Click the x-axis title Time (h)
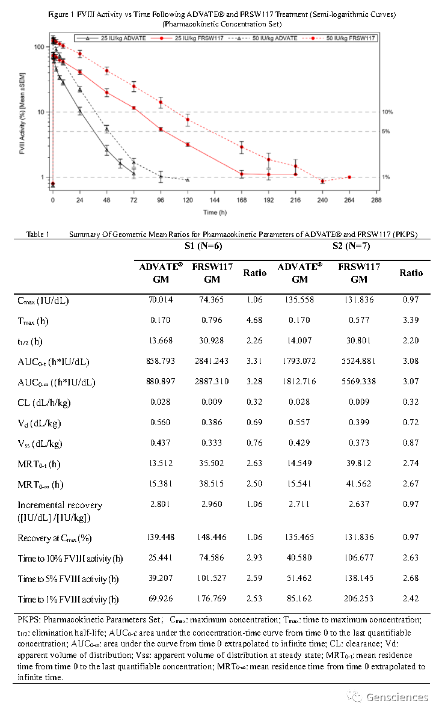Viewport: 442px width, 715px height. pyautogui.click(x=215, y=212)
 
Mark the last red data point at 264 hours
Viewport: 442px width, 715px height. pyautogui.click(x=349, y=177)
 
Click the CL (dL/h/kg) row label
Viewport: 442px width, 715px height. pyautogui.click(x=45, y=402)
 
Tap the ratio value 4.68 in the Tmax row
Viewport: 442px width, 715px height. pyautogui.click(x=254, y=321)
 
